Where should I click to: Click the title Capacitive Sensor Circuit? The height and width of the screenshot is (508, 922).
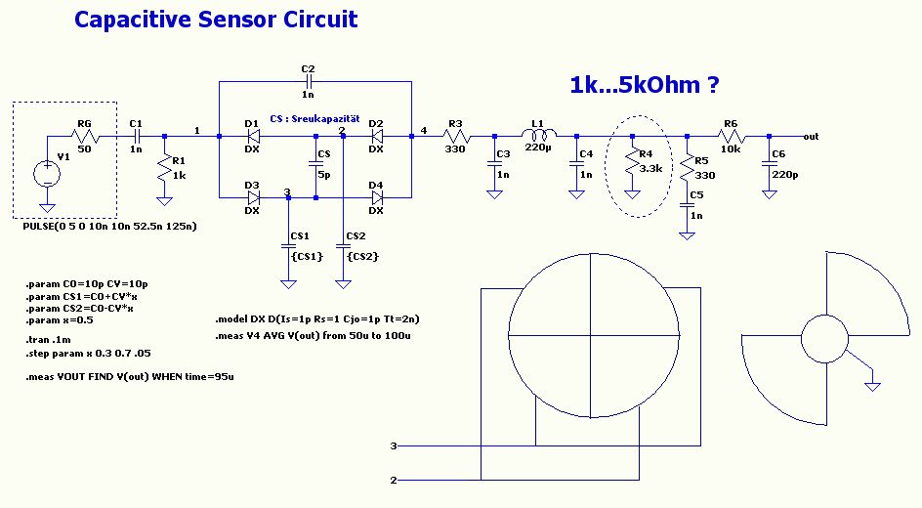pos(216,20)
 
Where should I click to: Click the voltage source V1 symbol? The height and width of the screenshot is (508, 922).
pos(46,174)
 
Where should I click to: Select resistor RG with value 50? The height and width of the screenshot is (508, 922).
pos(84,137)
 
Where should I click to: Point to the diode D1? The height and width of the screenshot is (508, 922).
pos(252,137)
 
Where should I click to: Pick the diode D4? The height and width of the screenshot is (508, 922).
pos(376,196)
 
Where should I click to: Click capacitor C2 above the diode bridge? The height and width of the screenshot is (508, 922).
pos(309,82)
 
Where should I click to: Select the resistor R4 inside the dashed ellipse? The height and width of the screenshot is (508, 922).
pos(632,161)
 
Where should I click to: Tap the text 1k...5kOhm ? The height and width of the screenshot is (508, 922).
pos(644,86)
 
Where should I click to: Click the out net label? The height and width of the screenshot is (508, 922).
pos(811,137)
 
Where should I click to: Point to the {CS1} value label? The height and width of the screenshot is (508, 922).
pos(307,256)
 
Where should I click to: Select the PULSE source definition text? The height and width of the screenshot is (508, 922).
pos(108,226)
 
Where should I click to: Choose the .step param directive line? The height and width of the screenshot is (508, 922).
pos(88,352)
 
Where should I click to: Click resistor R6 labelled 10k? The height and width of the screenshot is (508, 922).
pos(730,137)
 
